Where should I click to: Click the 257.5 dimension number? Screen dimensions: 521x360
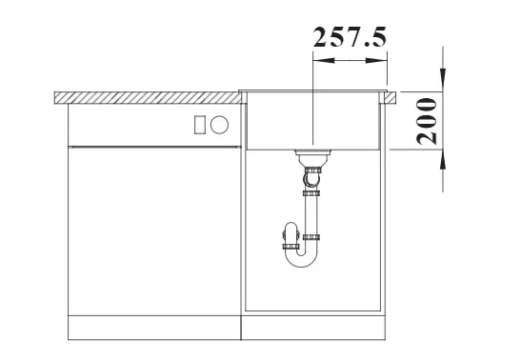click(x=350, y=37)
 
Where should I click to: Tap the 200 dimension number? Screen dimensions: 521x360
click(x=427, y=121)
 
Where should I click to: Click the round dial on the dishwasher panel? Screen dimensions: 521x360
click(x=219, y=125)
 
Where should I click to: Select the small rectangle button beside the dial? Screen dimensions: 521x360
click(x=200, y=125)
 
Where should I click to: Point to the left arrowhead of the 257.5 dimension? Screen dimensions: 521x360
click(x=324, y=60)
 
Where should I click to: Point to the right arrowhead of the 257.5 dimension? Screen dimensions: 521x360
click(x=376, y=60)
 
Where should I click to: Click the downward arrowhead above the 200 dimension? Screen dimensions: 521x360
click(x=443, y=80)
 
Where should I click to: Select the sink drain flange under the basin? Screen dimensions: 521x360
click(x=313, y=152)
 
